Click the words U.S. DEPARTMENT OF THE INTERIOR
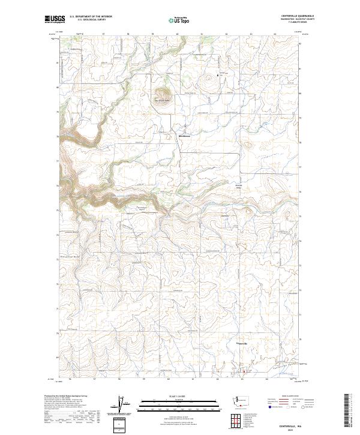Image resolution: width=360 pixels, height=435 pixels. (x=91, y=17)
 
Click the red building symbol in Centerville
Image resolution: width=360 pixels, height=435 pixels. (x=244, y=371)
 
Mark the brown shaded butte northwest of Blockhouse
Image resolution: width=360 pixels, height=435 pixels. (x=161, y=94)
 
